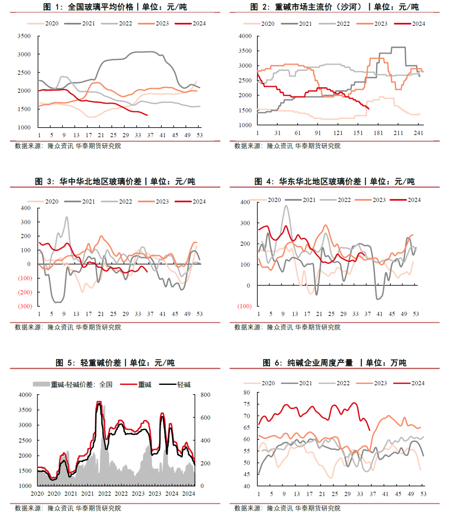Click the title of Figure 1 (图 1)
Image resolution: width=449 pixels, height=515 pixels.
click(x=115, y=7)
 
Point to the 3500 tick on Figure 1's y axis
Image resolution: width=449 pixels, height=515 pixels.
click(x=24, y=36)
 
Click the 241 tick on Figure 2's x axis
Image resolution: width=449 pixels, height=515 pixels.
click(x=418, y=133)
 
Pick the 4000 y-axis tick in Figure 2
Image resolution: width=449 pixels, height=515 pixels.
click(x=245, y=36)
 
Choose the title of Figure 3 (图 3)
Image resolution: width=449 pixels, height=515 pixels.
click(x=115, y=182)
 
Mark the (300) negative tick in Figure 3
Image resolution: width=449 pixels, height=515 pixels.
click(x=25, y=306)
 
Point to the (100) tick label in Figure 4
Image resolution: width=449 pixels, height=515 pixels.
click(x=244, y=306)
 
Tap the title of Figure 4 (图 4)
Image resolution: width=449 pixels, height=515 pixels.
click(x=334, y=182)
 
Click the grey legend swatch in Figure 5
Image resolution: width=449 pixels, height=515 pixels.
click(x=41, y=384)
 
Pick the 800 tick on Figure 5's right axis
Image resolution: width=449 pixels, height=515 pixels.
click(x=205, y=395)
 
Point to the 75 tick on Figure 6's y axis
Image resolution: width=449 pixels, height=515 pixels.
click(x=247, y=404)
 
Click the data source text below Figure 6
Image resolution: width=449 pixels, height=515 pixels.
click(x=287, y=508)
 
